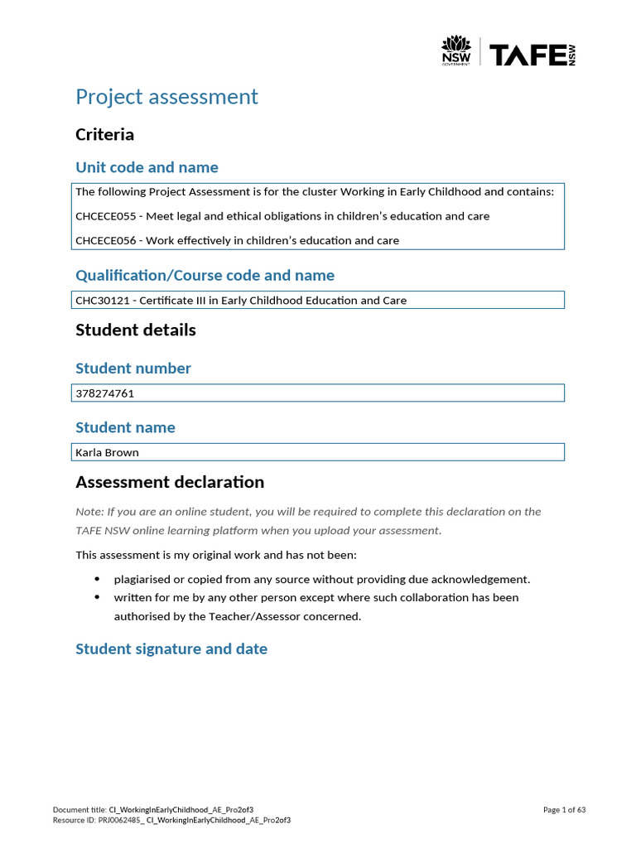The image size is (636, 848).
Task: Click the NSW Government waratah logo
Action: point(455,51)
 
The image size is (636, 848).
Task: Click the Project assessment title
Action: point(166,97)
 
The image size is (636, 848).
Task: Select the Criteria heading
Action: point(104,134)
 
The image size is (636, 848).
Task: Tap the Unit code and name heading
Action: point(147,167)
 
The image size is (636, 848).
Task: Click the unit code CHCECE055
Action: point(105,216)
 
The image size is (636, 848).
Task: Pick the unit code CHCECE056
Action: point(105,241)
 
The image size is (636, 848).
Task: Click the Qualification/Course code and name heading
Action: point(205,275)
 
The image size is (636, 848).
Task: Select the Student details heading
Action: point(136,330)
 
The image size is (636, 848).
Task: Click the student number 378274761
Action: point(104,393)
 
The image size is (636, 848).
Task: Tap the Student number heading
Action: point(133,369)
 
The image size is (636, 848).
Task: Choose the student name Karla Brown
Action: point(107,453)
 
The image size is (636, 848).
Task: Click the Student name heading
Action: point(125,427)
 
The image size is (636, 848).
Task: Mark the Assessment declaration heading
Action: point(170,482)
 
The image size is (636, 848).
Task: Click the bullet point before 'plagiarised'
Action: point(98,579)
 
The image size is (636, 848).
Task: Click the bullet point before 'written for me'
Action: point(98,597)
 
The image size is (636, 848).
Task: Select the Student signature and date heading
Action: point(171,649)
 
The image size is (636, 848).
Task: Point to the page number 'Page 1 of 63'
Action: point(564,810)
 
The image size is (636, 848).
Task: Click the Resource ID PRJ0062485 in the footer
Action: point(120,820)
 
